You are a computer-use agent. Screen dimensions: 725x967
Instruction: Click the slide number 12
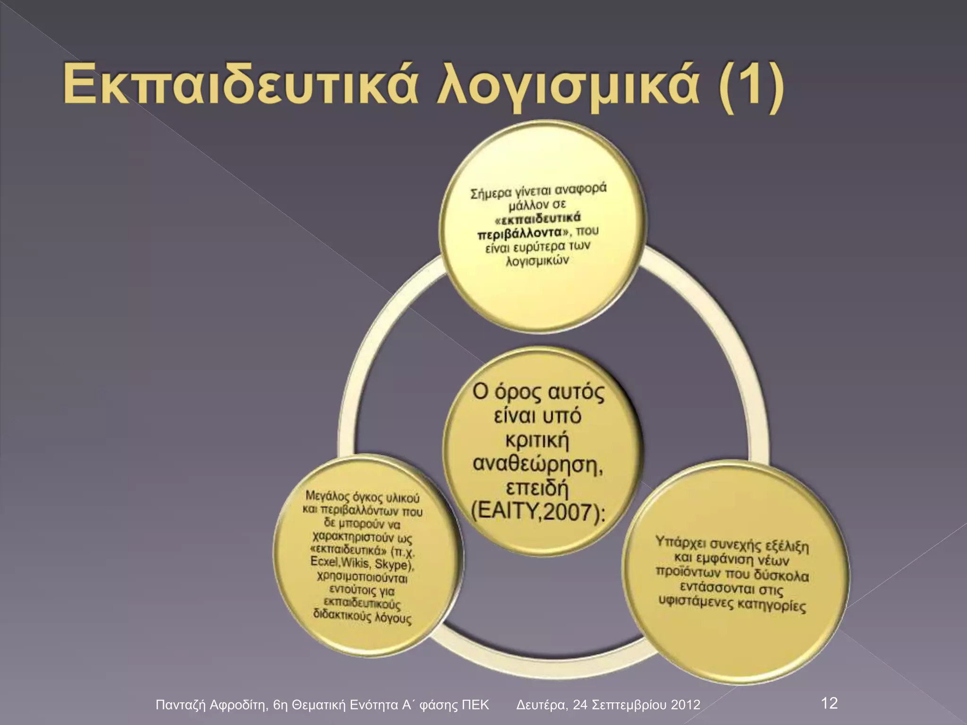(x=829, y=703)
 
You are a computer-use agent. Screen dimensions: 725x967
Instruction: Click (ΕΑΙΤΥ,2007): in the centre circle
(x=538, y=513)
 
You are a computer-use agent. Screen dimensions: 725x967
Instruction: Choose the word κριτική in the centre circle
(x=537, y=440)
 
